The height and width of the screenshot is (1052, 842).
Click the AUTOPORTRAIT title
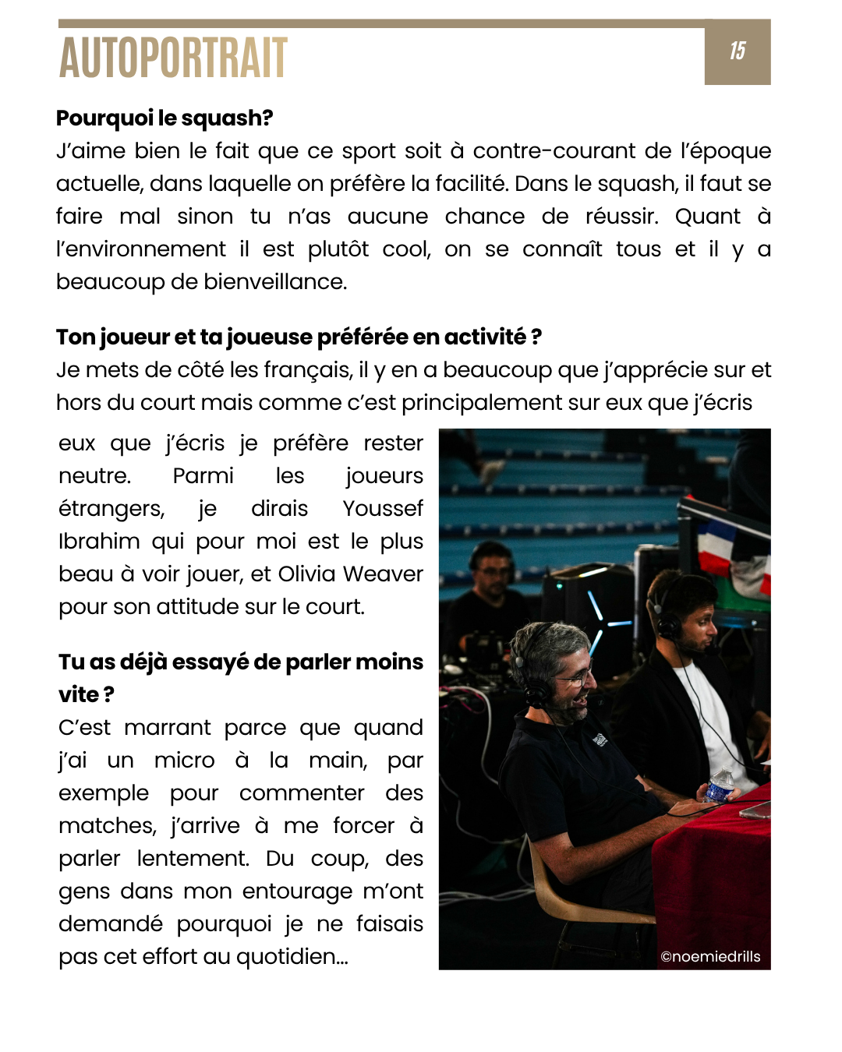coord(173,58)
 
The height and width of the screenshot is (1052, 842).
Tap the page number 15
coord(738,51)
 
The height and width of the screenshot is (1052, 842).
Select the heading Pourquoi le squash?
coord(165,118)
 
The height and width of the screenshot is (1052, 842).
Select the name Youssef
coord(383,509)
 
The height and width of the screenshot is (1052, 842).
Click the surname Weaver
coord(383,574)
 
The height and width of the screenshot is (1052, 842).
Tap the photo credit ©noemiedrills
coord(710,957)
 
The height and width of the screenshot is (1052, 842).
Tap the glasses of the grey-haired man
coord(577,679)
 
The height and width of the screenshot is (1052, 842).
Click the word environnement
coord(141,249)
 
